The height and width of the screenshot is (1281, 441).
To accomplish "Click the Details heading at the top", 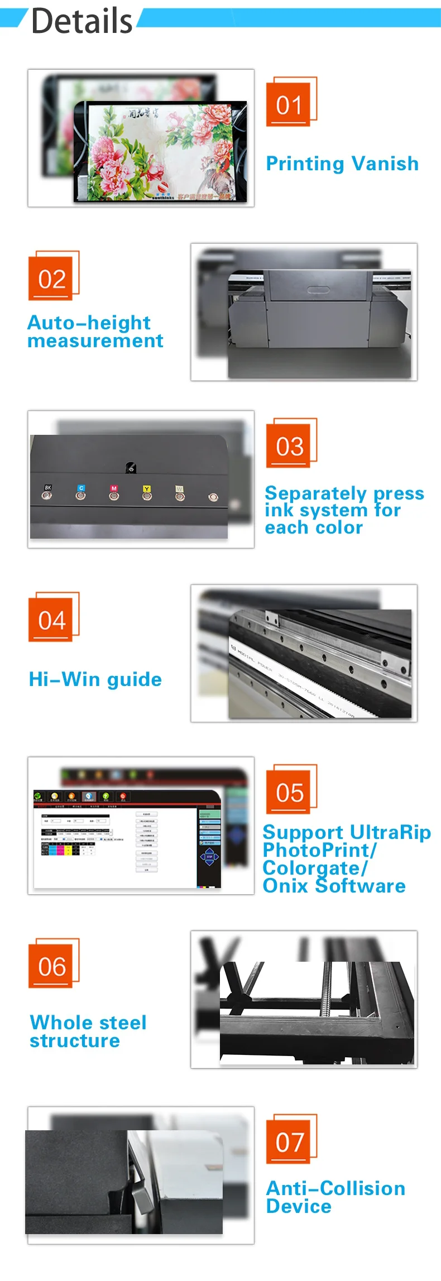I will coord(82,21).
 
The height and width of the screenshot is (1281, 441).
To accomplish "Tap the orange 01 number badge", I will coord(289,104).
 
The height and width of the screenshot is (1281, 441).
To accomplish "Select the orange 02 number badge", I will coord(51,278).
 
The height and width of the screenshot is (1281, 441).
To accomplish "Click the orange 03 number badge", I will coord(289,445).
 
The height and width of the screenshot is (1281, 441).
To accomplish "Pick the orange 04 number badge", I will coord(51,620).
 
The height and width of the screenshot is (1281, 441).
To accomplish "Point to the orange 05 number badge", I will coord(289,791).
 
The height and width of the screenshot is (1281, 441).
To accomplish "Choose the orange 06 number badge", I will coord(51,966).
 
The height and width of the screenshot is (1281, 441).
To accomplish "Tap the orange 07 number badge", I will coord(289,1141).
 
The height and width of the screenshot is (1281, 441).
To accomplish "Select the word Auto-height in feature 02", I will coord(89,323).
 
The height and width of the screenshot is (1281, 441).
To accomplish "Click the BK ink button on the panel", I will coord(47,494).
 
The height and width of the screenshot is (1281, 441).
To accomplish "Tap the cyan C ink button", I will coord(81,495).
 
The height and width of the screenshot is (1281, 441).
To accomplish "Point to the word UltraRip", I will coord(390,832).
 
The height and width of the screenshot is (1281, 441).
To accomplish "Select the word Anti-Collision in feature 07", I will coord(335,1188).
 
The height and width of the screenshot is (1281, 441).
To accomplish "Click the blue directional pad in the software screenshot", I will coord(209,857).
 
